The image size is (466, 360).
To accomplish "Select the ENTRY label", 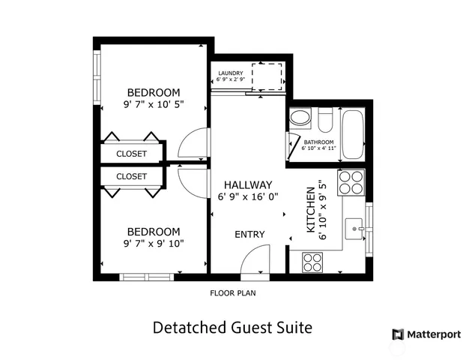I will pos(249,234).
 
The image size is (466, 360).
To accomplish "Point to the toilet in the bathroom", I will pos(325,120).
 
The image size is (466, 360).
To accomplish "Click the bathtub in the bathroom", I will pos(351,134).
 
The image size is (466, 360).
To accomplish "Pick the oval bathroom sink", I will pos(300,118).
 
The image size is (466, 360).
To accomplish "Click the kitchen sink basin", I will pos(353,226).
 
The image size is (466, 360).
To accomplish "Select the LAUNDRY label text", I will pos(230,73).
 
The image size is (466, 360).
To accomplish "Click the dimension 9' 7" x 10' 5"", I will pos(153,106).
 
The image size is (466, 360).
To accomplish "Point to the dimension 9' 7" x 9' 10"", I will pos(153,243).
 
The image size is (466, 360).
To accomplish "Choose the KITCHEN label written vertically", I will pos(311,209).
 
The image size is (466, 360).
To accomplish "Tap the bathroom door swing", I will pos(293,147).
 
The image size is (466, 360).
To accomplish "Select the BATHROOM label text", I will pos(319,142).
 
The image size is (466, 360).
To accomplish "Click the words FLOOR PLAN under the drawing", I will pos(232,293).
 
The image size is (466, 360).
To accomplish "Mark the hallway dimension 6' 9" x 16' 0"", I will pos(247,196).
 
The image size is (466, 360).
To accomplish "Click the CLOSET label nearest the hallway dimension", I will pos(131,176).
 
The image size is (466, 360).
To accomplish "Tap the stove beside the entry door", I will pos(312,262).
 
